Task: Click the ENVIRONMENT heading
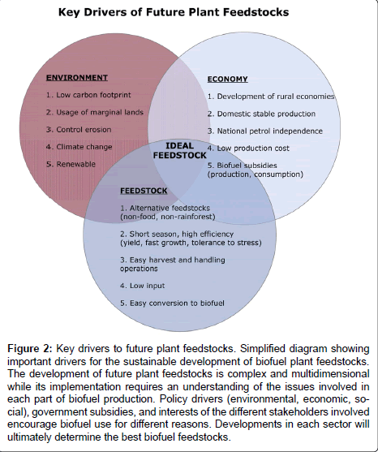(x=77, y=78)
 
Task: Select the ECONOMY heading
(x=228, y=80)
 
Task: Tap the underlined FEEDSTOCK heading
(x=144, y=191)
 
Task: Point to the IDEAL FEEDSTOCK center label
(x=179, y=150)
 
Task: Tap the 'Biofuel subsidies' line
(x=243, y=166)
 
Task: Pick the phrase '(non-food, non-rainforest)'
(x=168, y=217)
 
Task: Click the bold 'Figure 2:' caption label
(x=30, y=348)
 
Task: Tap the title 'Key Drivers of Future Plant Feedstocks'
(x=174, y=12)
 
